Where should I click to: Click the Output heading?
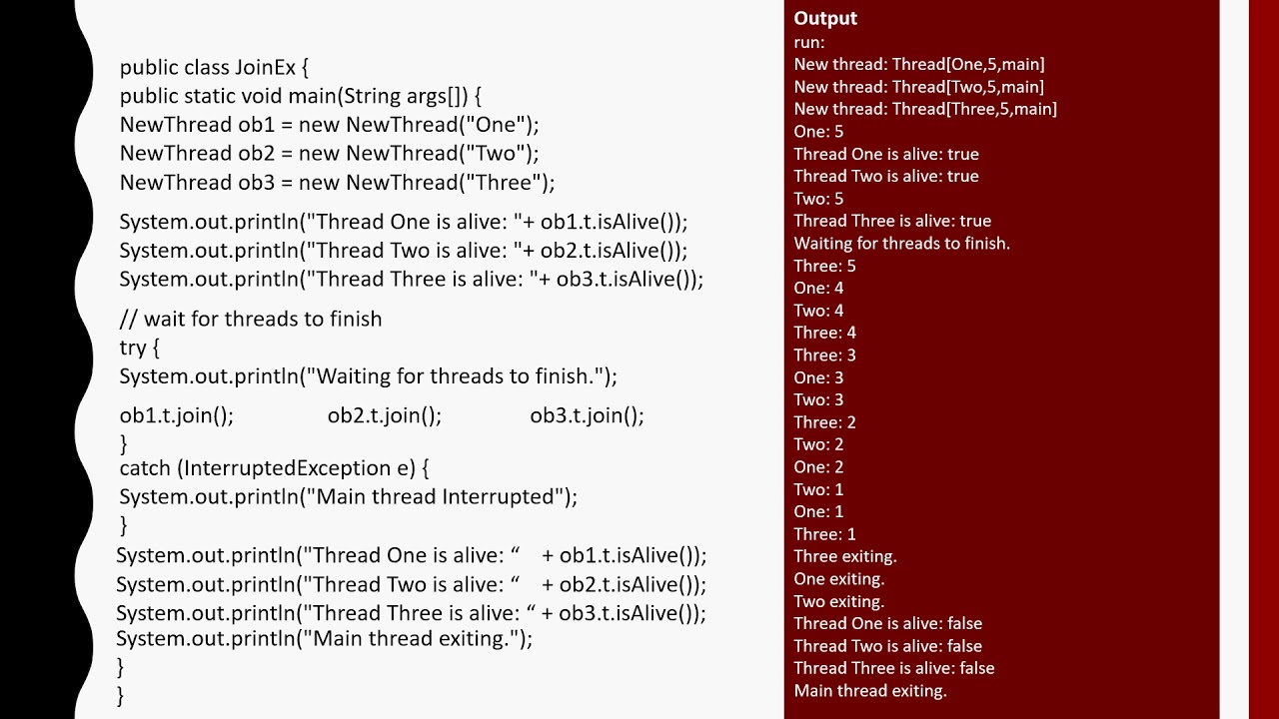click(825, 18)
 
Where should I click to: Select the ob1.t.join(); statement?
click(177, 415)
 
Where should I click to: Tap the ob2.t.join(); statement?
click(385, 415)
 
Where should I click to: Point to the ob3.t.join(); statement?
click(587, 415)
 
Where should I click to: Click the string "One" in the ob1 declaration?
click(503, 125)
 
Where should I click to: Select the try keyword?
click(133, 348)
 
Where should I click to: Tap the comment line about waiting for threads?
click(251, 319)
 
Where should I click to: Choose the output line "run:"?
click(809, 42)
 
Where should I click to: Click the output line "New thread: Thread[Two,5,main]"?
click(918, 87)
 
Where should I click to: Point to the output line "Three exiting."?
click(845, 556)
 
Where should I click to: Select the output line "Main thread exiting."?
click(870, 690)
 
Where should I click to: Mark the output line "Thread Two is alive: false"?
click(887, 646)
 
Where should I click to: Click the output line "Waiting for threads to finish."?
click(901, 243)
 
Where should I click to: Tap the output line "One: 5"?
click(818, 131)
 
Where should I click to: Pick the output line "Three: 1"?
click(824, 534)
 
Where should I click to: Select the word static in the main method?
click(211, 96)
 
